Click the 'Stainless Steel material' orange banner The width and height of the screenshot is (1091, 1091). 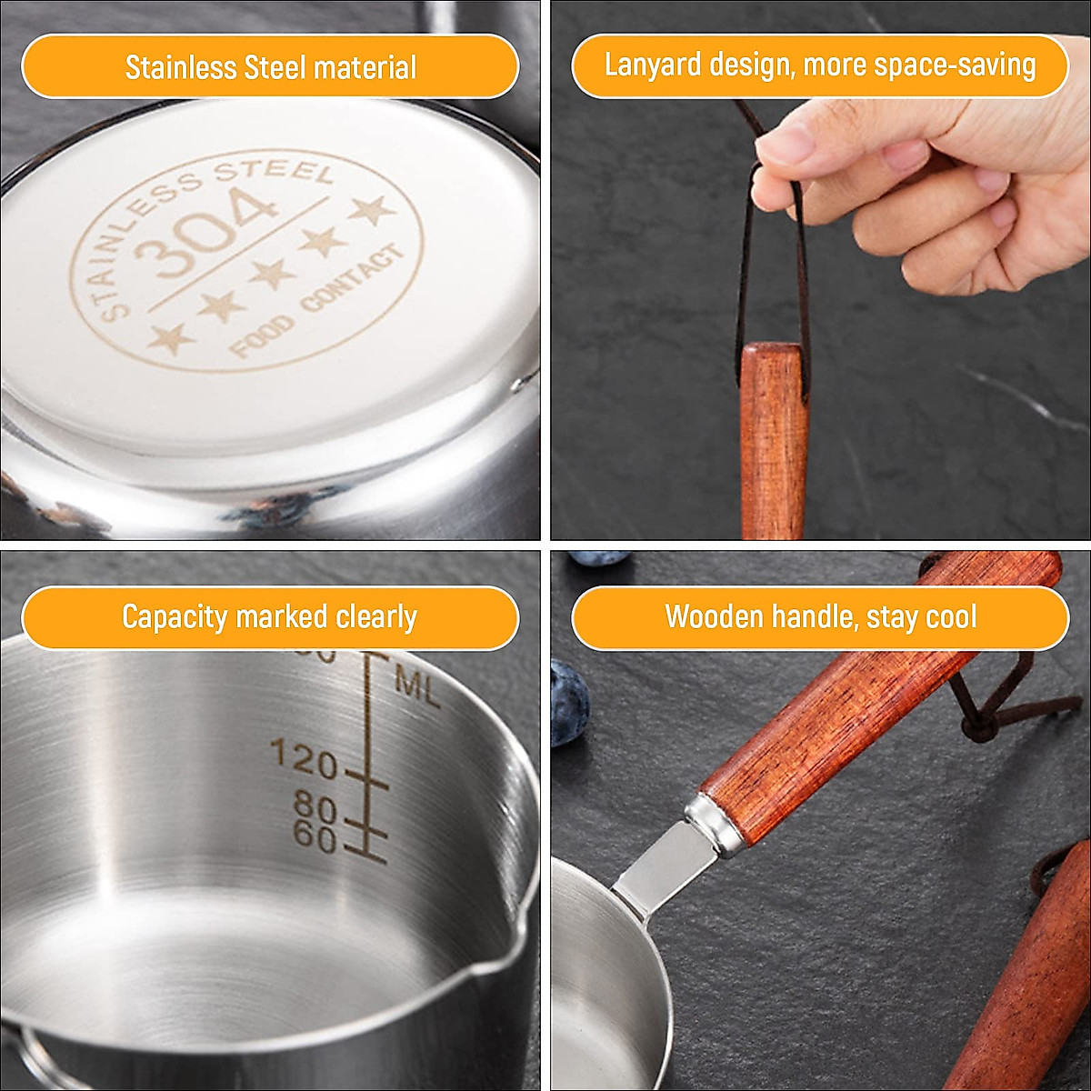tap(270, 67)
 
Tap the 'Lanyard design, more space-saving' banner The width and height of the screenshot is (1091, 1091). tap(819, 65)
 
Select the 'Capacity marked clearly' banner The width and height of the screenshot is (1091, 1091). tap(270, 617)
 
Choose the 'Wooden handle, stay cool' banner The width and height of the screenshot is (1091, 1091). tap(819, 617)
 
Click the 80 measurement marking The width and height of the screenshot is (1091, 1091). tap(315, 806)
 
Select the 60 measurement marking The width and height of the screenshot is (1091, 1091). tap(315, 836)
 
